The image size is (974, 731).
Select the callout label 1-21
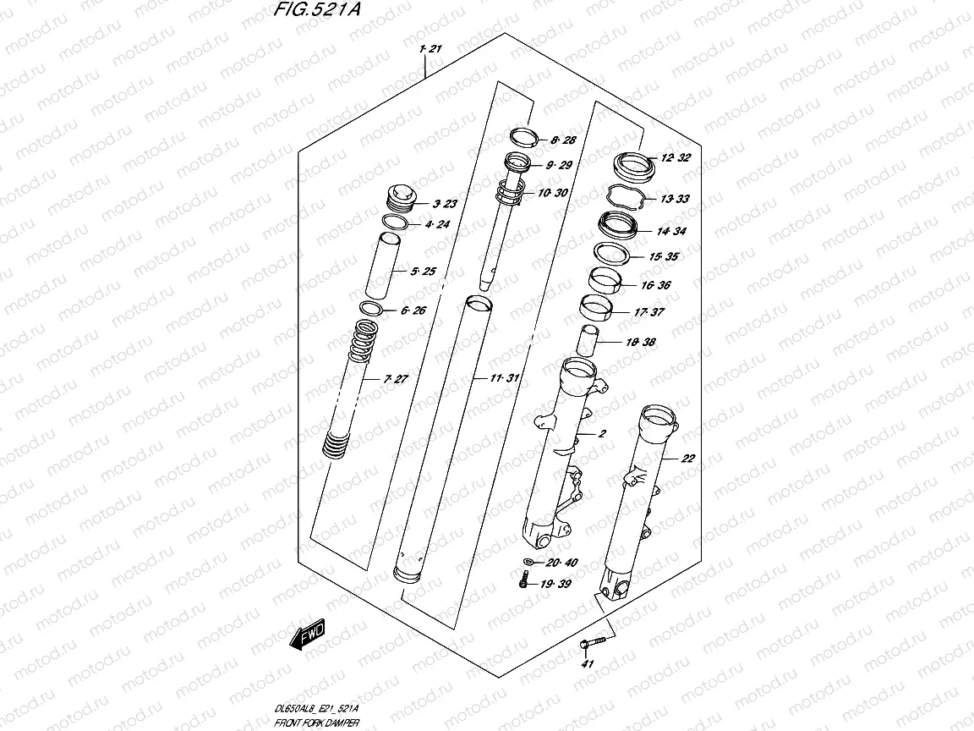pyautogui.click(x=430, y=49)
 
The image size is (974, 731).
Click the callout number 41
pyautogui.click(x=588, y=664)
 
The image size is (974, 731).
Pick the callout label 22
pyautogui.click(x=687, y=459)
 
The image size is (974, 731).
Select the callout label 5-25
pyautogui.click(x=422, y=272)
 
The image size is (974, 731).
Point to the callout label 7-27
pyautogui.click(x=395, y=379)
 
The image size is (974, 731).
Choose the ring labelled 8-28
pyautogui.click(x=525, y=137)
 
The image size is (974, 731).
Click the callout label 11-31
pyautogui.click(x=503, y=377)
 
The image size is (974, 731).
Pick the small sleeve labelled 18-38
pyautogui.click(x=587, y=342)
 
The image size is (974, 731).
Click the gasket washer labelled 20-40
pyautogui.click(x=528, y=563)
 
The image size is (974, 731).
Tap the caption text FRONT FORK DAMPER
pyautogui.click(x=317, y=723)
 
